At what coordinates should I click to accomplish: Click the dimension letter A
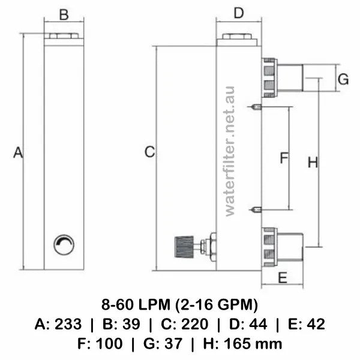pos(18,153)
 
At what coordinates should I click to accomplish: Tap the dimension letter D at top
pos(238,13)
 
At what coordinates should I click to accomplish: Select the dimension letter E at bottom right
pos(283,277)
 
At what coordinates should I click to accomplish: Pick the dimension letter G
pos(343,79)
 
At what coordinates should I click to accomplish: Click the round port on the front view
pos(64,244)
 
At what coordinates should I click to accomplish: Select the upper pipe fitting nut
pos(269,77)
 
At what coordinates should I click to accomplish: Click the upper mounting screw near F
pos(256,107)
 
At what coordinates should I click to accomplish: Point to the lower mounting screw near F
pos(256,209)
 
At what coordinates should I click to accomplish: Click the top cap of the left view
pos(64,37)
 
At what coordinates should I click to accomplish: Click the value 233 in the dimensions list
pos(69,325)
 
